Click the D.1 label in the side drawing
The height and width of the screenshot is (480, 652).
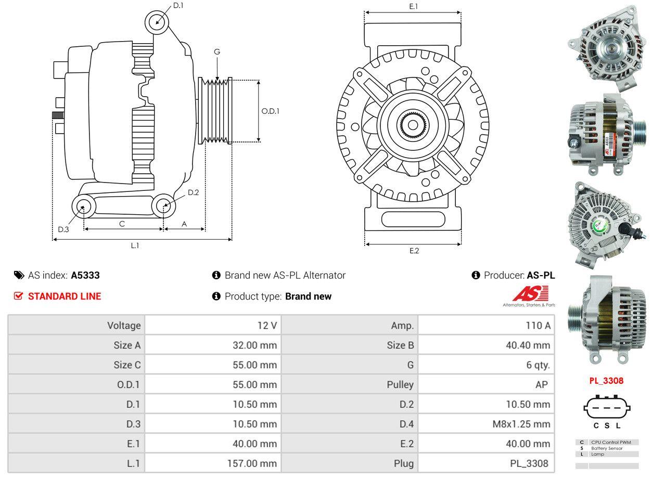coord(178,5)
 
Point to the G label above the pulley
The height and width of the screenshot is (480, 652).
coord(217,51)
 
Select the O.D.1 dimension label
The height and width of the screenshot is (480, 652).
coord(270,111)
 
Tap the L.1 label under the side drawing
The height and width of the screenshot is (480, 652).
coord(135,245)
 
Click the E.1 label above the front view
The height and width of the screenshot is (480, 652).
coord(414,6)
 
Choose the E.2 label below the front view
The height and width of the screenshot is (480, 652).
coord(414,251)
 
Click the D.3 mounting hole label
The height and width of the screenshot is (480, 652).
coord(63,229)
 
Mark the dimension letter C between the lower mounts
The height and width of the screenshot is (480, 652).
coord(122,224)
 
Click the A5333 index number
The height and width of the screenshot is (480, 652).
coord(85,275)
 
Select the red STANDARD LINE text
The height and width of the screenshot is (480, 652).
coord(65,296)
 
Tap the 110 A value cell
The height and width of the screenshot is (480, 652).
coord(539,326)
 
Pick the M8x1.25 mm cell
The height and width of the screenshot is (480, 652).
coord(521,424)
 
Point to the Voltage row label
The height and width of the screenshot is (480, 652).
coord(124,326)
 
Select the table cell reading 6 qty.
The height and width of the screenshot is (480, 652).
coord(538,365)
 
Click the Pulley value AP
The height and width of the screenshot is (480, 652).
coord(541,385)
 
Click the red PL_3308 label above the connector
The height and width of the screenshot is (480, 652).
coord(606,381)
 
